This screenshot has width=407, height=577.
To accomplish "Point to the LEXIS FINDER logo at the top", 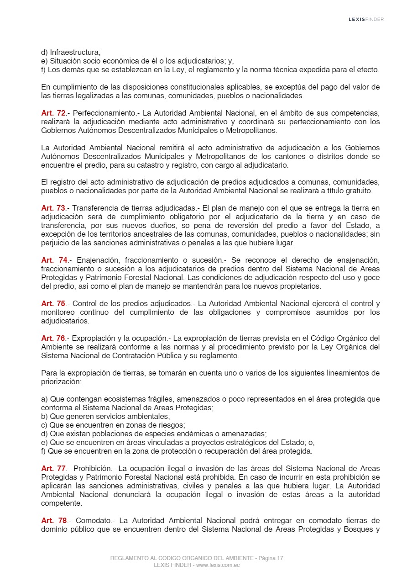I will tap(366, 19).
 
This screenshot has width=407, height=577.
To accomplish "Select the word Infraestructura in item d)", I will tap(75, 52).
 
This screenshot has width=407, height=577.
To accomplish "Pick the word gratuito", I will tap(366, 191).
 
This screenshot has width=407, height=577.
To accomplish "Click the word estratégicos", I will tap(250, 442).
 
